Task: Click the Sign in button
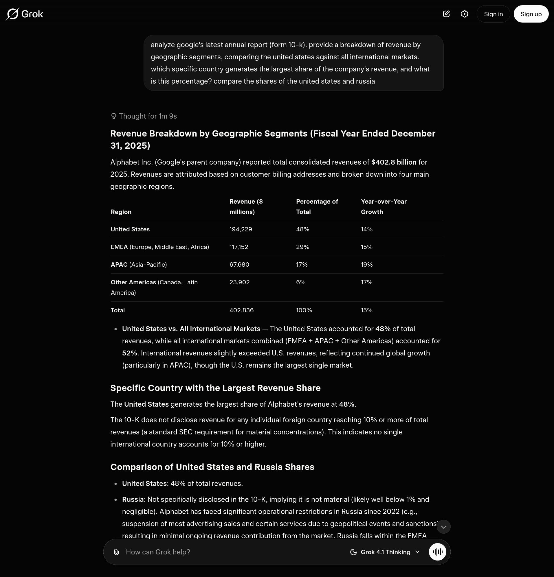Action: click(x=493, y=14)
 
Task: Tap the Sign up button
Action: click(x=531, y=14)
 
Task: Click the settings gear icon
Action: click(x=465, y=14)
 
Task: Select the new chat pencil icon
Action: click(x=446, y=14)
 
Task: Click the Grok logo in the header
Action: click(x=25, y=14)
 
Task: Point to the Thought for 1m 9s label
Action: click(x=144, y=116)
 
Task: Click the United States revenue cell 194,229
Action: click(x=241, y=229)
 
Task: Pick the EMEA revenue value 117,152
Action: click(x=239, y=247)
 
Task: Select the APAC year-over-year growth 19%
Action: click(x=366, y=265)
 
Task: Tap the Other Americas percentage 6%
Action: click(x=300, y=282)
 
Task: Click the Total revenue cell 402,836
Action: click(x=241, y=310)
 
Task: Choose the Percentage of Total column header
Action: click(x=317, y=207)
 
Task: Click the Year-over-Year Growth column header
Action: click(x=384, y=207)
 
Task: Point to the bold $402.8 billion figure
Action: click(x=393, y=162)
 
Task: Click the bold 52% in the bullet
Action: click(x=129, y=353)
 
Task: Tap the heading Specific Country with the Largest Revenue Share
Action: click(x=215, y=388)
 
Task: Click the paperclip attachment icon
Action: click(x=116, y=552)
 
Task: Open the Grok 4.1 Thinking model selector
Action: click(x=385, y=552)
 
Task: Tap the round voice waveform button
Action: click(x=437, y=552)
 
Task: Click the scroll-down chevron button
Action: click(x=443, y=527)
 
